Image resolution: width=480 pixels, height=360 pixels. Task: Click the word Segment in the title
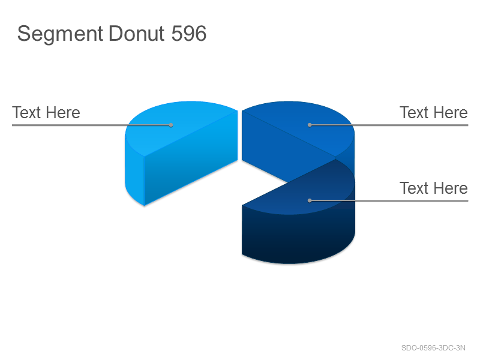[x=60, y=34]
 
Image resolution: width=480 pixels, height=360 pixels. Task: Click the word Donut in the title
[x=137, y=33]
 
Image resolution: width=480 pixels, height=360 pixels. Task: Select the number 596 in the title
[x=189, y=33]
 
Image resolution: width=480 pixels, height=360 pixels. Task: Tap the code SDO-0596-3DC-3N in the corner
[x=433, y=348]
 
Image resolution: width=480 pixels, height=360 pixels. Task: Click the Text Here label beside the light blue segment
[x=46, y=112]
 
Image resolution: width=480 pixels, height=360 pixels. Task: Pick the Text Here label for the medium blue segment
[x=433, y=112]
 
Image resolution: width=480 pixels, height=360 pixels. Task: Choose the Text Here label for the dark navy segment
[x=433, y=188]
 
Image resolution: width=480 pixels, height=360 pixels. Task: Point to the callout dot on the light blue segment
[x=171, y=125]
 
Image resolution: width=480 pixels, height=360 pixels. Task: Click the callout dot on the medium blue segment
[x=310, y=125]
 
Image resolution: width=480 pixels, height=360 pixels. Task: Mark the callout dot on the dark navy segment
[x=310, y=200]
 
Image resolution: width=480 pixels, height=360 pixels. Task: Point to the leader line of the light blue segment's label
[x=92, y=125]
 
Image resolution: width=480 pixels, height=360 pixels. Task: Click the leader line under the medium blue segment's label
[x=389, y=125]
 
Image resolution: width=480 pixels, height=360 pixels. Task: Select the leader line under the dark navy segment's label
[x=389, y=200]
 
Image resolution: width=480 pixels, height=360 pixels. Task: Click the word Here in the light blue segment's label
[x=64, y=112]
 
